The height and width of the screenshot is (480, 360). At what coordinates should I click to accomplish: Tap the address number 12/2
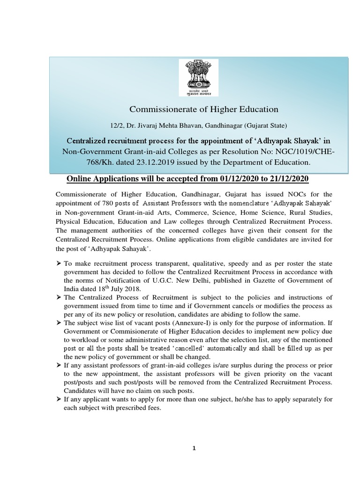[x=116, y=126]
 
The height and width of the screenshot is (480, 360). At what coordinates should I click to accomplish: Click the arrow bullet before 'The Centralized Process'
[x=59, y=297]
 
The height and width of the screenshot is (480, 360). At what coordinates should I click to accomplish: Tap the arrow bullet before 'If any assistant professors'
[x=59, y=365]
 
